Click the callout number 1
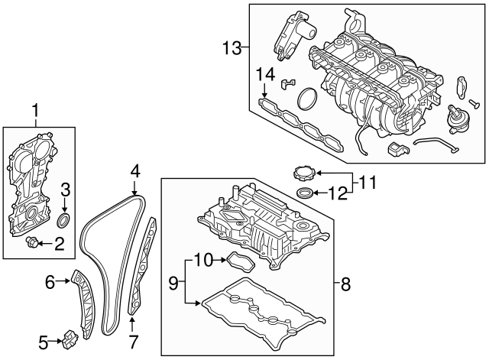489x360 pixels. tap(34, 115)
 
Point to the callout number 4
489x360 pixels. tap(134, 170)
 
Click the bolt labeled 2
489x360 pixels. tap(33, 243)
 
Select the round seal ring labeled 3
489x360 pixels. tap(65, 222)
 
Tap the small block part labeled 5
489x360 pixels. tap(72, 336)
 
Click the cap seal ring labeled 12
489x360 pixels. tap(303, 193)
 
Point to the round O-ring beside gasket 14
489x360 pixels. tap(307, 99)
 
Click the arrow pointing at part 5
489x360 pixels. tap(55, 341)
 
